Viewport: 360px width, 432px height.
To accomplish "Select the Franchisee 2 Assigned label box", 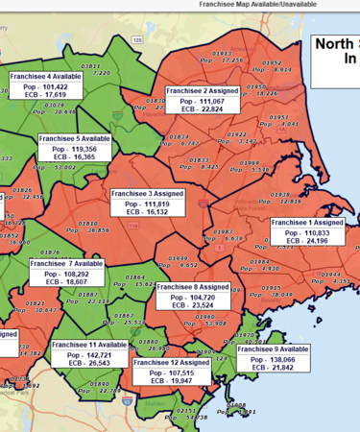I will tap(202, 100).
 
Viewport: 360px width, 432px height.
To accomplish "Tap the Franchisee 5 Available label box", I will tap(74, 149).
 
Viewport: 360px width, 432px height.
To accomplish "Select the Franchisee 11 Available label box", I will tap(92, 353).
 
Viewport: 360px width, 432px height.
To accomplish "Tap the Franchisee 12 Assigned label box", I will tap(172, 372).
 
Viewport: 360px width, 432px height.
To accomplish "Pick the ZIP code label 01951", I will tap(278, 116).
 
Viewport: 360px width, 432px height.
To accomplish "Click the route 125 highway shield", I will tap(138, 39).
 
